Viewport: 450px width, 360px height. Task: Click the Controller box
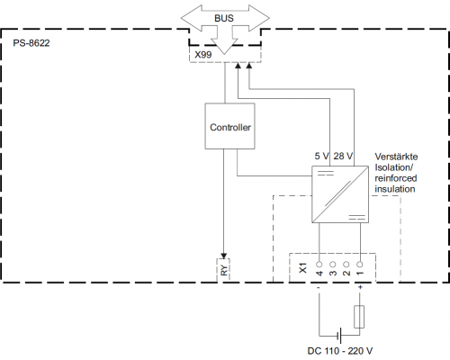229,126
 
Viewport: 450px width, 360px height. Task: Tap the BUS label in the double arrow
224,18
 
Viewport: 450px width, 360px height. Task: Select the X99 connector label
203,55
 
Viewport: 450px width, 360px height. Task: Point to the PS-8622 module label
31,43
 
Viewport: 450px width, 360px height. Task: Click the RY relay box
223,270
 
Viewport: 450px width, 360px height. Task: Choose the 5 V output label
321,156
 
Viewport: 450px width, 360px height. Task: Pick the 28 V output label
343,156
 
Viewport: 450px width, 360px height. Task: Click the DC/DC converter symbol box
340,194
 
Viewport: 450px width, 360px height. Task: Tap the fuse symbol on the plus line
359,317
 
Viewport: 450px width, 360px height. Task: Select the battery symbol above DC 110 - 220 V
339,335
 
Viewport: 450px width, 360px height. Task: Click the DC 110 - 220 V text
340,351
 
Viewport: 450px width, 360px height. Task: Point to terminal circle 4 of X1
319,265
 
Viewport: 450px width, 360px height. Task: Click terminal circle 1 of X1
360,265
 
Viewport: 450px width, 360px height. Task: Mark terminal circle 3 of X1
333,265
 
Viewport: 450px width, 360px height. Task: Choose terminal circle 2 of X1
346,265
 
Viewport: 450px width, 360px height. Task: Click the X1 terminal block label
303,268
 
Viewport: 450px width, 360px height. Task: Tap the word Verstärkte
396,157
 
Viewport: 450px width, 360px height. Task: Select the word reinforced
396,178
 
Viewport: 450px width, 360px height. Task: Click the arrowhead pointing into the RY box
223,256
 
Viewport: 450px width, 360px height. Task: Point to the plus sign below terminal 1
360,287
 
